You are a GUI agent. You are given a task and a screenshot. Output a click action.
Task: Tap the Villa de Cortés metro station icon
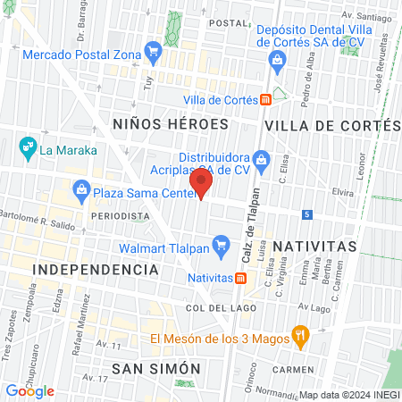266,100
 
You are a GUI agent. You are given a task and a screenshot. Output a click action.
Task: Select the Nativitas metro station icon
240,277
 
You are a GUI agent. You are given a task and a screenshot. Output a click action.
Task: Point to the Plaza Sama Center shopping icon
81,190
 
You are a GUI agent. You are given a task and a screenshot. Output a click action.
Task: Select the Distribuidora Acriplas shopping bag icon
261,162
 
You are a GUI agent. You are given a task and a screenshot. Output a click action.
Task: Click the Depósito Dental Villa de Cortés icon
277,60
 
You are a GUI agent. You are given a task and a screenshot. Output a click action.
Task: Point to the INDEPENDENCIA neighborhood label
96,269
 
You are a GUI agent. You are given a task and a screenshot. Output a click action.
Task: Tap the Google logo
29,390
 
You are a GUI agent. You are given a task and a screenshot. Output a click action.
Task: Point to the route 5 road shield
306,214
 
